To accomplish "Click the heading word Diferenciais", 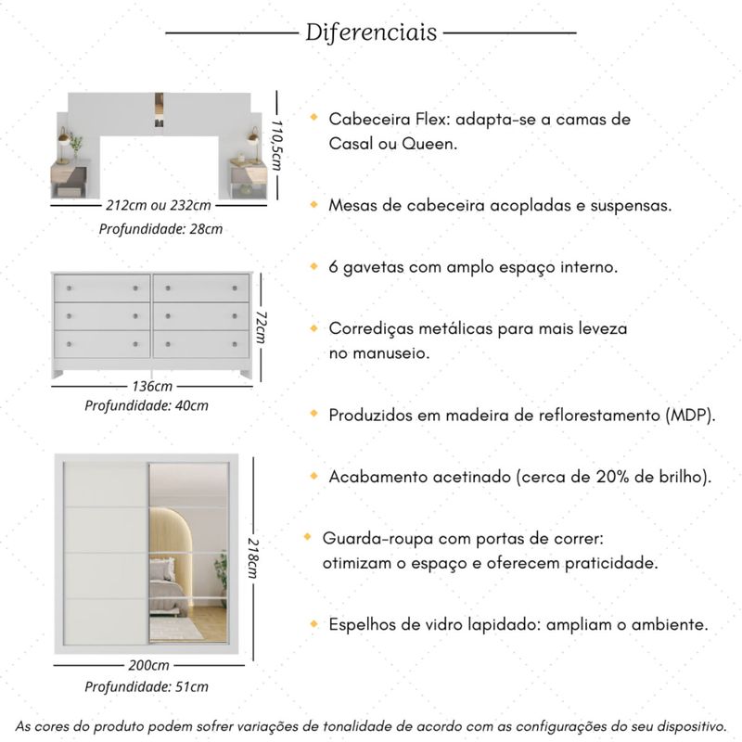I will pos(371,33).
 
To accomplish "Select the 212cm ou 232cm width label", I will pos(158,205).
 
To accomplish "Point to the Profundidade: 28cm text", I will pos(160,228).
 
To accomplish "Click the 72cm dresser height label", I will pos(262,326).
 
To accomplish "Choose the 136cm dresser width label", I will pos(151,386).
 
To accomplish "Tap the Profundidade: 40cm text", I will pos(147,405).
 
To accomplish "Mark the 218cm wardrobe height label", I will pos(252,556).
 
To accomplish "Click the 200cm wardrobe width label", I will pos(148,665).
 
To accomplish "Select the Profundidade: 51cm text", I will pos(147,686).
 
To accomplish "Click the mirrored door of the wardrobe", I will pos(188,553).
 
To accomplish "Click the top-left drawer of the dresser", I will pos(102,288).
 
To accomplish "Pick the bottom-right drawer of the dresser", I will pos(201,344).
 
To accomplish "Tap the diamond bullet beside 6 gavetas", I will pos(314,265).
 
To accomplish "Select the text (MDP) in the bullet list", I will pos(691,415).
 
